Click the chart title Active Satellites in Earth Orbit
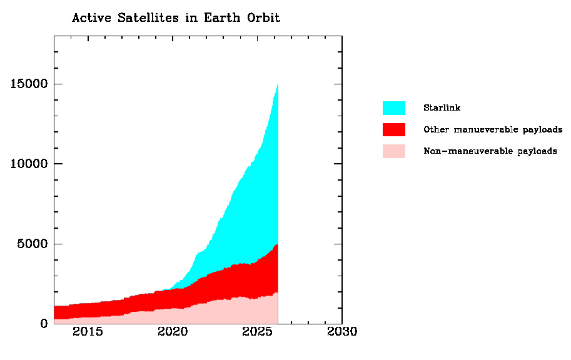176,17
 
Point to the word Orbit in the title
263,17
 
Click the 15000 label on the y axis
29,84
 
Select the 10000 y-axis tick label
29,164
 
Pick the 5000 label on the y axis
33,244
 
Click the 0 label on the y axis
43,324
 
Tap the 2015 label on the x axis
88,332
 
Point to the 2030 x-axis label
342,332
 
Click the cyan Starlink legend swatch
393,108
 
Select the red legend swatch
393,129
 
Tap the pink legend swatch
393,151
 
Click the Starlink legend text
442,108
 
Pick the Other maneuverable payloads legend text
493,129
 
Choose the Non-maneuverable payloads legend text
490,151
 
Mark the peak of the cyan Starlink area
277,85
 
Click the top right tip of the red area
277,245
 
